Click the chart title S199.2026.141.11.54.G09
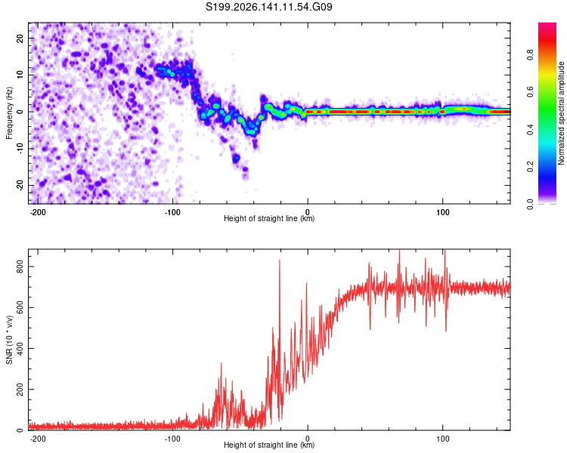269,7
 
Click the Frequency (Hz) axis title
9,113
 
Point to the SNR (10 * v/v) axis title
9,340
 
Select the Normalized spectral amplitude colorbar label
561,113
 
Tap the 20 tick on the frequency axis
20,38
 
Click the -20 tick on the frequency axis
20,185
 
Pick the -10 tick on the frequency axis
20,149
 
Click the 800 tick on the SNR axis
20,267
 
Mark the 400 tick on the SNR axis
20,349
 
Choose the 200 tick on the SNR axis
20,390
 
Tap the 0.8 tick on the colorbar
530,55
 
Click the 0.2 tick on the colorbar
530,167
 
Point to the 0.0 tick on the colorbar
530,204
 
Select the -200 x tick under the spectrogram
37,212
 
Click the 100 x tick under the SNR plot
442,439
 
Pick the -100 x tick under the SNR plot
172,439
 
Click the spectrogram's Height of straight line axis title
269,218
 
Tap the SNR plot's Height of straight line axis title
269,445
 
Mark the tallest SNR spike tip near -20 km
280,260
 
